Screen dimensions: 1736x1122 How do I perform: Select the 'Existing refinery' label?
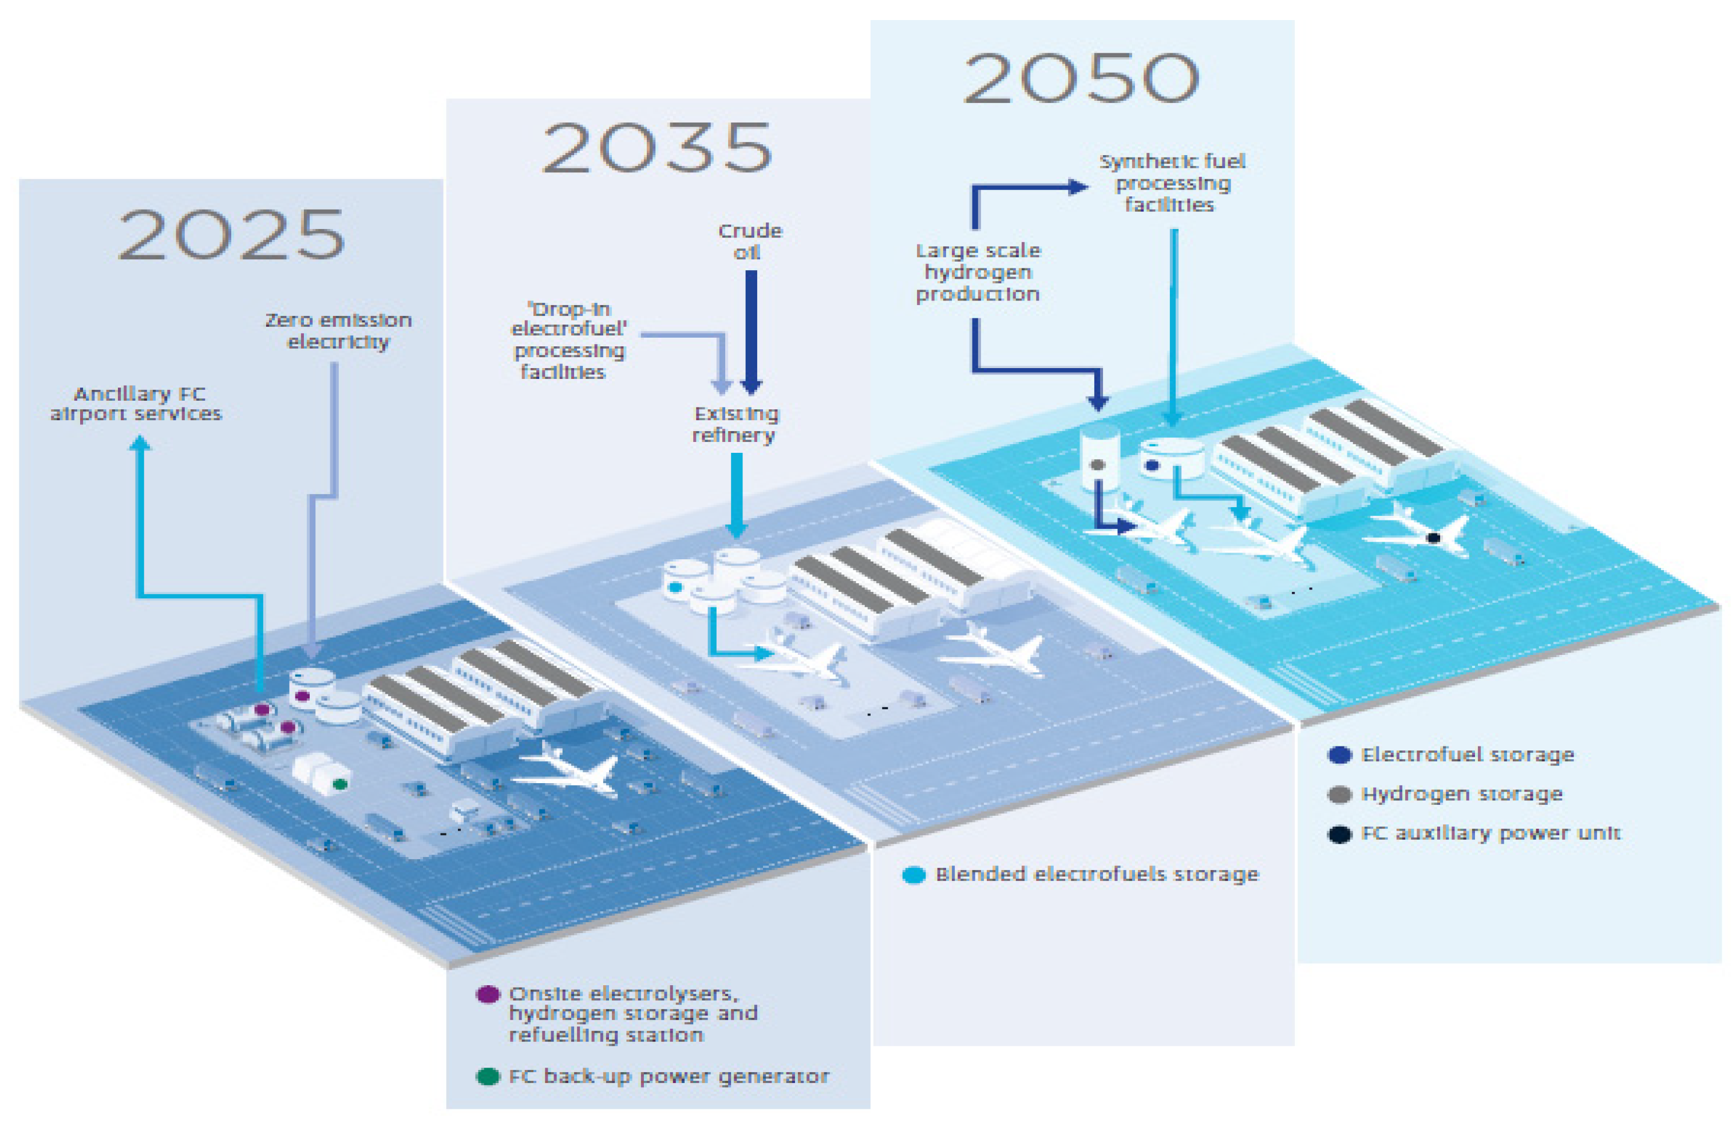click(x=735, y=424)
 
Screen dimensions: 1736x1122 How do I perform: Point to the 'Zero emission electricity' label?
click(x=338, y=331)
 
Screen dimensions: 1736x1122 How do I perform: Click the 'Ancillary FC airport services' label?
click(x=136, y=404)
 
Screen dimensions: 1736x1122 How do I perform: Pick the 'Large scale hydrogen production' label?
click(x=978, y=272)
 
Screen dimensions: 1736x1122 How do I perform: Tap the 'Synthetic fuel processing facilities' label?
click(x=1172, y=183)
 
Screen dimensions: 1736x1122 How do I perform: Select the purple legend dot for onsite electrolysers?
click(x=487, y=994)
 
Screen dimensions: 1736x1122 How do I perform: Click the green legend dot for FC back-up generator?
click(x=487, y=1076)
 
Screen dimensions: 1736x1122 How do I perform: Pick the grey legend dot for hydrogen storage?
click(x=1339, y=794)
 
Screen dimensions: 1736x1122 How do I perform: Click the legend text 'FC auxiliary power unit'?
click(x=1490, y=833)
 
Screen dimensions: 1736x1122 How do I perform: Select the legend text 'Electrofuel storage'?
click(x=1466, y=755)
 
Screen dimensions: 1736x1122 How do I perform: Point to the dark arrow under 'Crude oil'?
click(x=751, y=328)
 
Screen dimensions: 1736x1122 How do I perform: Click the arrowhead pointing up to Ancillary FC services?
click(x=140, y=443)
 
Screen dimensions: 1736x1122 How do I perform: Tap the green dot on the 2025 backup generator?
click(x=339, y=784)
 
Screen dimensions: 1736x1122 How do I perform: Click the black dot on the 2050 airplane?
click(x=1433, y=538)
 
